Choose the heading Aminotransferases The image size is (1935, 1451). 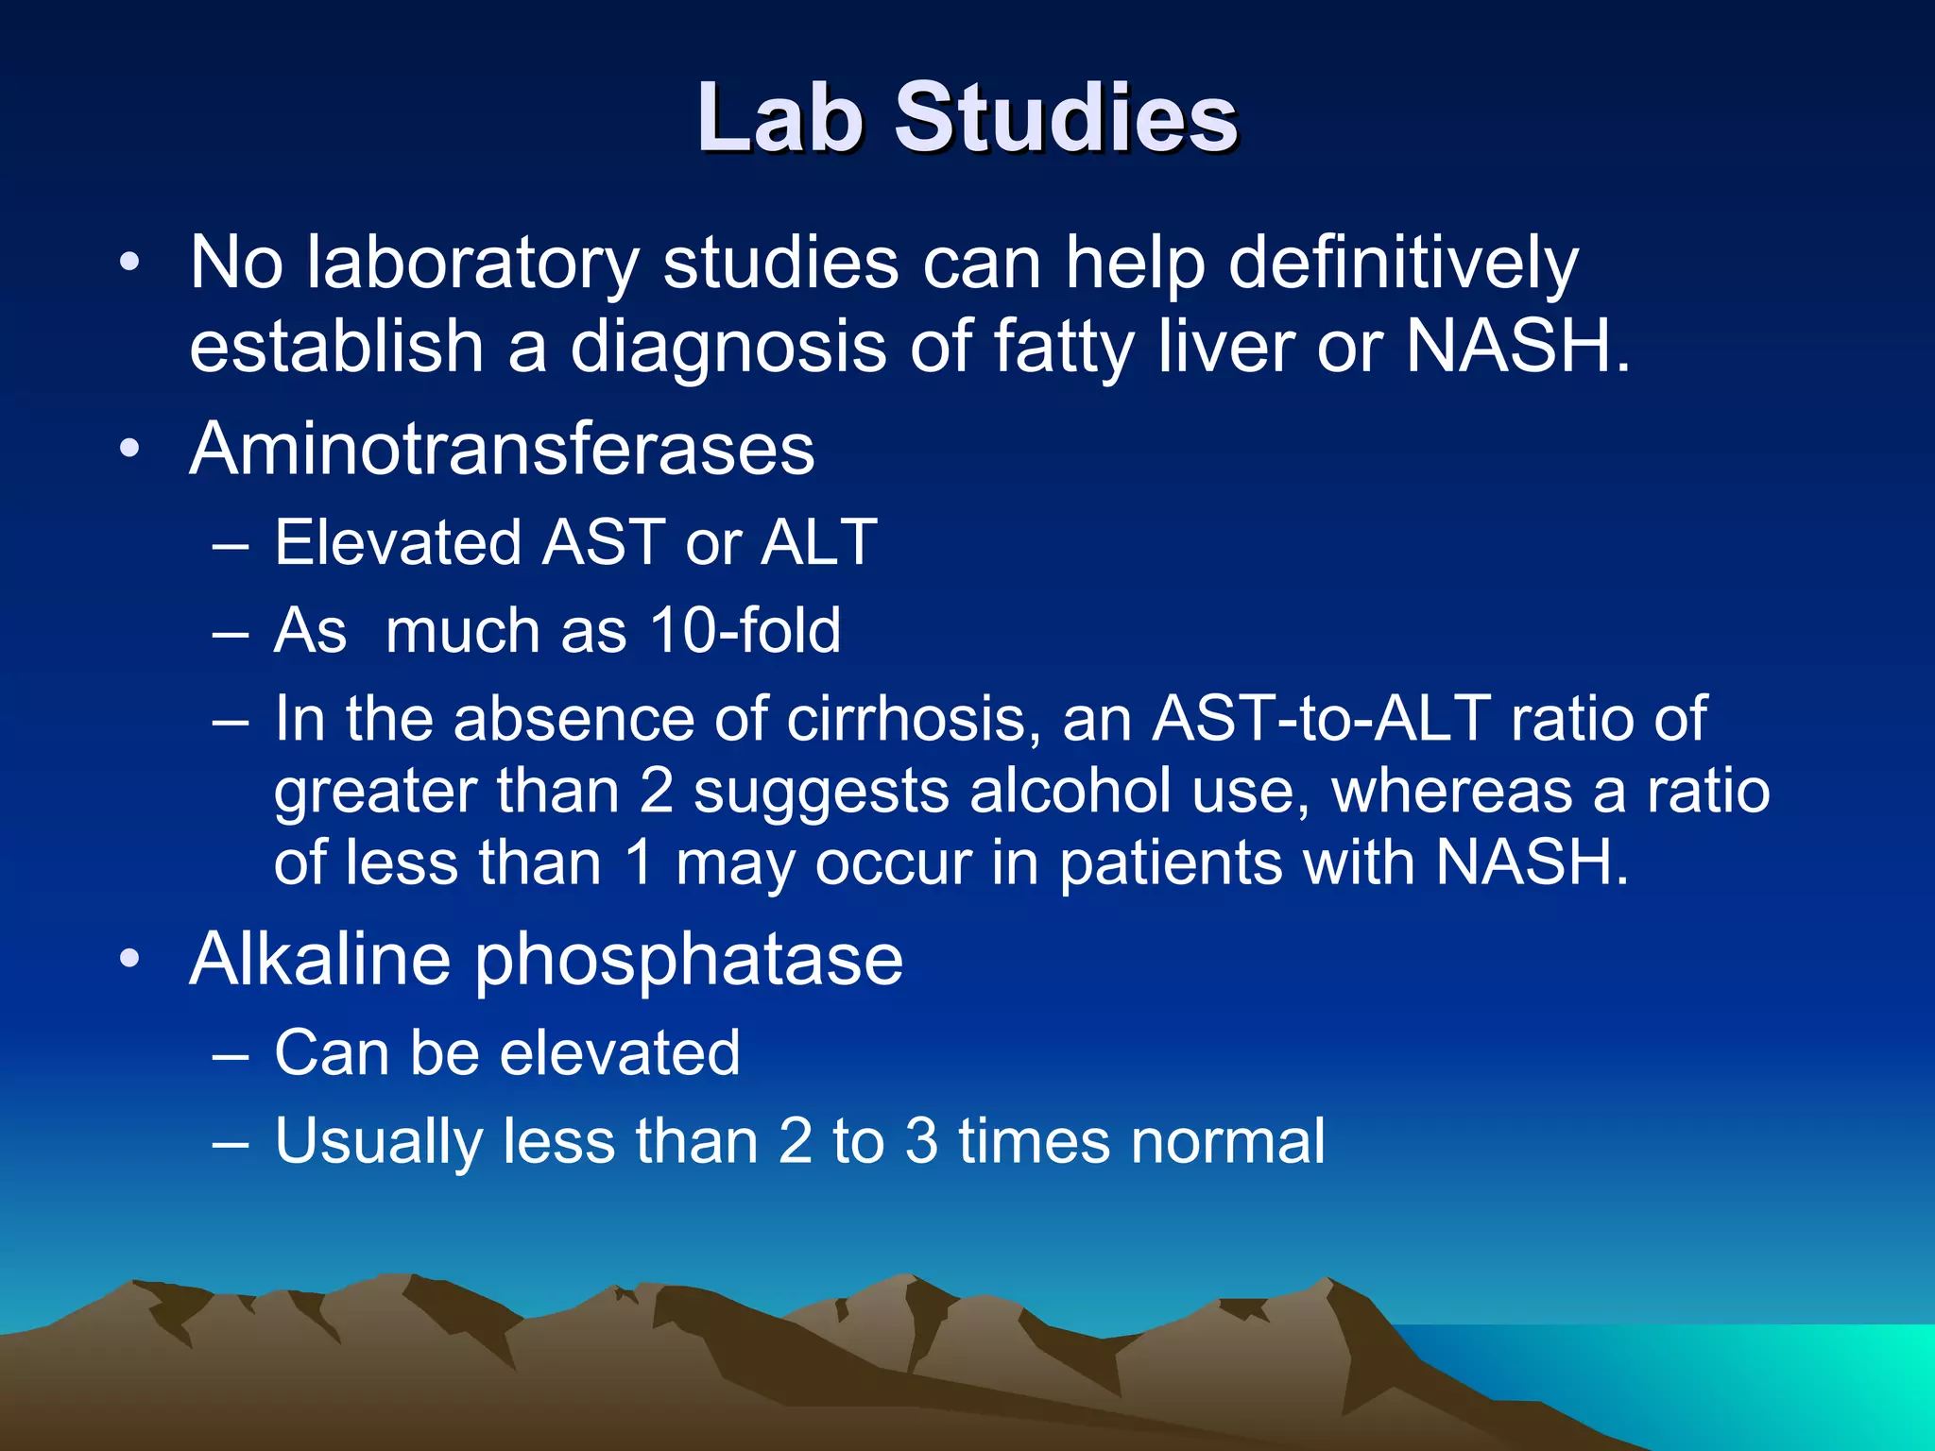pyautogui.click(x=502, y=448)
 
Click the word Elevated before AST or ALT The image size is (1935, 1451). pyautogui.click(x=398, y=542)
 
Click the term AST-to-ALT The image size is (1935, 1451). pyautogui.click(x=1321, y=719)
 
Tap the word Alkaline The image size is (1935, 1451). pyautogui.click(x=320, y=959)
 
